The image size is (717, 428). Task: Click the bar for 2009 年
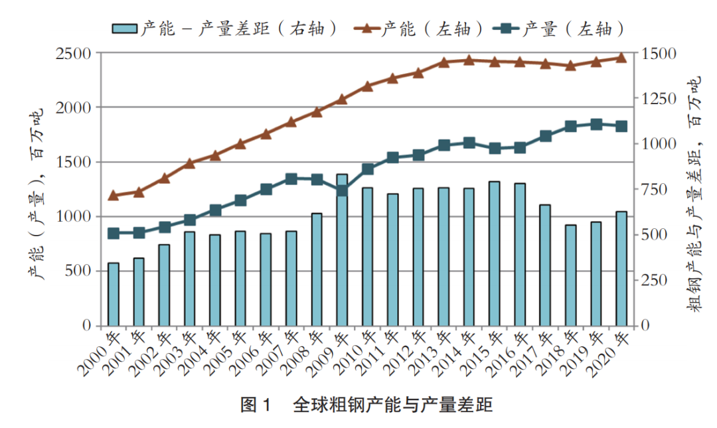click(342, 250)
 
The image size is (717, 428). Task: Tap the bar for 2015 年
click(494, 253)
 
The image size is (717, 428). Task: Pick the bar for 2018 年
click(570, 275)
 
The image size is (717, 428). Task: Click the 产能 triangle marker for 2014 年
click(469, 60)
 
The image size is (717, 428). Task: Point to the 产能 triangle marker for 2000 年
click(114, 195)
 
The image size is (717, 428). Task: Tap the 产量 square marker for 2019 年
click(596, 124)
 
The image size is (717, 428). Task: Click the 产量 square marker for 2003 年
click(190, 220)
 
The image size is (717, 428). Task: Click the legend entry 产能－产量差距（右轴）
click(226, 29)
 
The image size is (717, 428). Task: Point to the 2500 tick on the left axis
click(77, 53)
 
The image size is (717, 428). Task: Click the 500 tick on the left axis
click(82, 271)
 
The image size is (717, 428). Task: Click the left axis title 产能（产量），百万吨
click(36, 192)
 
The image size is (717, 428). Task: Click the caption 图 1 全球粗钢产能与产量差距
click(366, 405)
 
